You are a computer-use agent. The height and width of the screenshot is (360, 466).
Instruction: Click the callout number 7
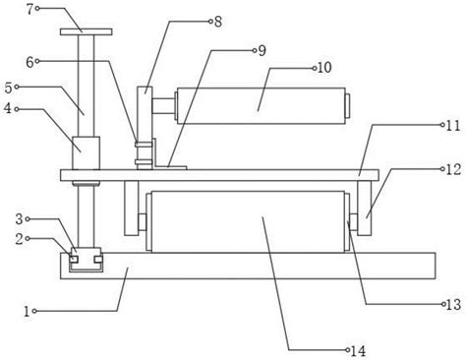pos(30,9)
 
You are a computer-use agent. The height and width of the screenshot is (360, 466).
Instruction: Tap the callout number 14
pos(358,351)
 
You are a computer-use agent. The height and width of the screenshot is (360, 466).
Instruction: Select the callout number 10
pos(324,68)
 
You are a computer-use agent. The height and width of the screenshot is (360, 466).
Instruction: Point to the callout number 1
pos(27,311)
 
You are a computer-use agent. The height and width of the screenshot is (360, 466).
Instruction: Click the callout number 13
pos(454,305)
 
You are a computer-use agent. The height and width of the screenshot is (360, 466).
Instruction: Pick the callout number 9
pos(262,50)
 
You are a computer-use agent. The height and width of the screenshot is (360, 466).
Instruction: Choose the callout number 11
pos(453,126)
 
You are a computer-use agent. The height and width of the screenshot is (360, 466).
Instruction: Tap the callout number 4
pos(8,108)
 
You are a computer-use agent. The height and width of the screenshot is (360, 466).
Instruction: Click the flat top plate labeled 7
pos(87,31)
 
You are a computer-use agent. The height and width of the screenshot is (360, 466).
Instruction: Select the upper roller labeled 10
pos(261,106)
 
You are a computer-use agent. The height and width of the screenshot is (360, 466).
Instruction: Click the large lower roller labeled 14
pos(248,221)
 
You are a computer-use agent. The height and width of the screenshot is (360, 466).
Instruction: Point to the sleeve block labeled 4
pos(86,153)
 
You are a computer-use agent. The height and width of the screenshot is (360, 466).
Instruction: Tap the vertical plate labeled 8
pos(145,128)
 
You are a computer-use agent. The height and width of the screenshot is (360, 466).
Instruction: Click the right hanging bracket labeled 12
pos(365,208)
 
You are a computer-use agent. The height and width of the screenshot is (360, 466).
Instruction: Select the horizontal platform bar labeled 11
pos(219,175)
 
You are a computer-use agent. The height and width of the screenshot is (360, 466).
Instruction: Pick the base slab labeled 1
pos(248,266)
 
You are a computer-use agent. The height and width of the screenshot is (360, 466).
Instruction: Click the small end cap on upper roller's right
pos(348,106)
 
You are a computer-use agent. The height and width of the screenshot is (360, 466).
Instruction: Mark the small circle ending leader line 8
pos(210,22)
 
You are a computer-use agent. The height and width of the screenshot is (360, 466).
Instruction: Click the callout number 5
pos(9,88)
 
